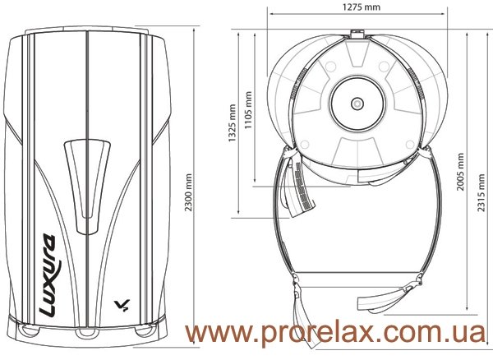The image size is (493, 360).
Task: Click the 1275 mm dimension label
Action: pyautogui.click(x=362, y=7)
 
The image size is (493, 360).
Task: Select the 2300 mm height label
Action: pyautogui.click(x=188, y=192)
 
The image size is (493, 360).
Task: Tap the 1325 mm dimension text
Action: pyautogui.click(x=232, y=123)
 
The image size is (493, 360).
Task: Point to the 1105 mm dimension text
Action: pyautogui.click(x=248, y=110)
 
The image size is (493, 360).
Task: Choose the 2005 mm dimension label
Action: pyautogui.click(x=460, y=172)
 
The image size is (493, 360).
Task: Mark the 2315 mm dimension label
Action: pyautogui.click(x=481, y=192)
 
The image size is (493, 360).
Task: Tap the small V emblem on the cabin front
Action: pyautogui.click(x=122, y=305)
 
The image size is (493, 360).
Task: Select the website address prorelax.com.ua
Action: pyautogui.click(x=335, y=333)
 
